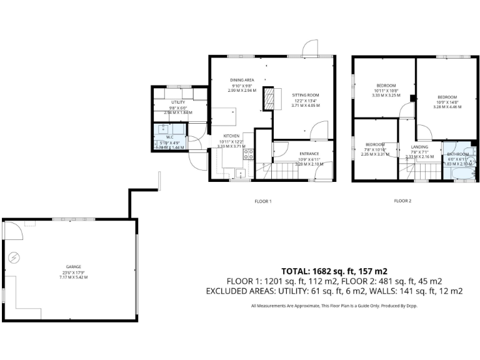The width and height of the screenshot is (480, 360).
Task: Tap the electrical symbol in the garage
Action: (14, 256)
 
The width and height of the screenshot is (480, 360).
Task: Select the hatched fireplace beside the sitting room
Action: (269, 98)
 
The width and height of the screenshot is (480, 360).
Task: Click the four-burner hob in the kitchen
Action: (248, 153)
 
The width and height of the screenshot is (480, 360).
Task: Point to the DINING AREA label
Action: (241, 80)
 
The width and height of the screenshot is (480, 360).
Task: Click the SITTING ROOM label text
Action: (306, 95)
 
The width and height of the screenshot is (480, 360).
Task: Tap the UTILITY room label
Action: (178, 102)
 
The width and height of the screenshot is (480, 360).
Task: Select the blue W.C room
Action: (170, 137)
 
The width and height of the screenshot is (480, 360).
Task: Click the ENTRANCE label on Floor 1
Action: (309, 154)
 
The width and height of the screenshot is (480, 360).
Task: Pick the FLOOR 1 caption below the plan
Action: (262, 201)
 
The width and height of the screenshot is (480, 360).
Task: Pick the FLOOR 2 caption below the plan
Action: (402, 201)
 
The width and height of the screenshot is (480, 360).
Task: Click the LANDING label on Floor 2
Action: (419, 147)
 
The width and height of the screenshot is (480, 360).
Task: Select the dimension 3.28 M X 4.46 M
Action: (447, 107)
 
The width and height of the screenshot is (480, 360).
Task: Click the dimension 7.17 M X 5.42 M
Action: (73, 277)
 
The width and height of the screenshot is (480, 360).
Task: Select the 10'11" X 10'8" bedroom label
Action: (386, 91)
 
